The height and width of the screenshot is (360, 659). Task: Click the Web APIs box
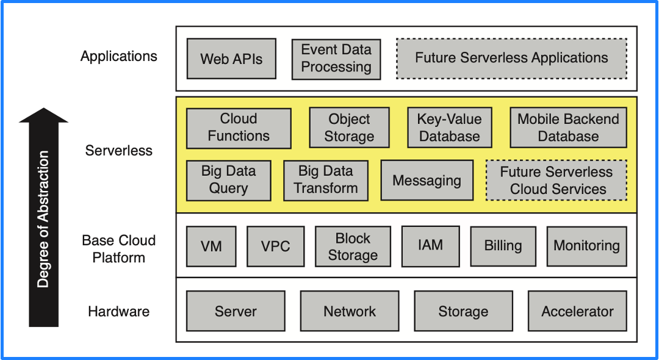coord(231,59)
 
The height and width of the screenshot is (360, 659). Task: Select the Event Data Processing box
coord(336,59)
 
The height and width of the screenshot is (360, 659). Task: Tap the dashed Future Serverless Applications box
coord(511,59)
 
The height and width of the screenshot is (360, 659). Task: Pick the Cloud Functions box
coord(239,128)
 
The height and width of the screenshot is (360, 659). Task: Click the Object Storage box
coord(349,128)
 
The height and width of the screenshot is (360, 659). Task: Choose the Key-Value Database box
coord(449,128)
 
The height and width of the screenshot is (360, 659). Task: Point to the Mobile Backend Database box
coord(568,128)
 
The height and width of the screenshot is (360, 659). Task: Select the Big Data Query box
coord(228,180)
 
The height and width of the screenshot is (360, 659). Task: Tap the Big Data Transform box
coord(326,180)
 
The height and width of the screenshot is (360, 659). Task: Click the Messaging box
coord(427,180)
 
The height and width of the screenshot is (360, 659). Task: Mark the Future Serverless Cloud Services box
coord(556,180)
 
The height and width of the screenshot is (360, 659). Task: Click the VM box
coord(211,247)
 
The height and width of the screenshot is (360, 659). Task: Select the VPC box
coord(276,247)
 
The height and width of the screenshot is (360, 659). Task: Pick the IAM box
coord(431,246)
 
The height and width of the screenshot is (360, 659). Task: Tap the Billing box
coord(503,247)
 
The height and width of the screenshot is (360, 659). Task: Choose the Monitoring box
coord(586,247)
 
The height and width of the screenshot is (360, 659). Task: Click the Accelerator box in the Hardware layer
coord(577,311)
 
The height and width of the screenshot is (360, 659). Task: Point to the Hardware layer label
coord(119,312)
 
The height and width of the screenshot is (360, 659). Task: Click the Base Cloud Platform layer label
coord(119,249)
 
